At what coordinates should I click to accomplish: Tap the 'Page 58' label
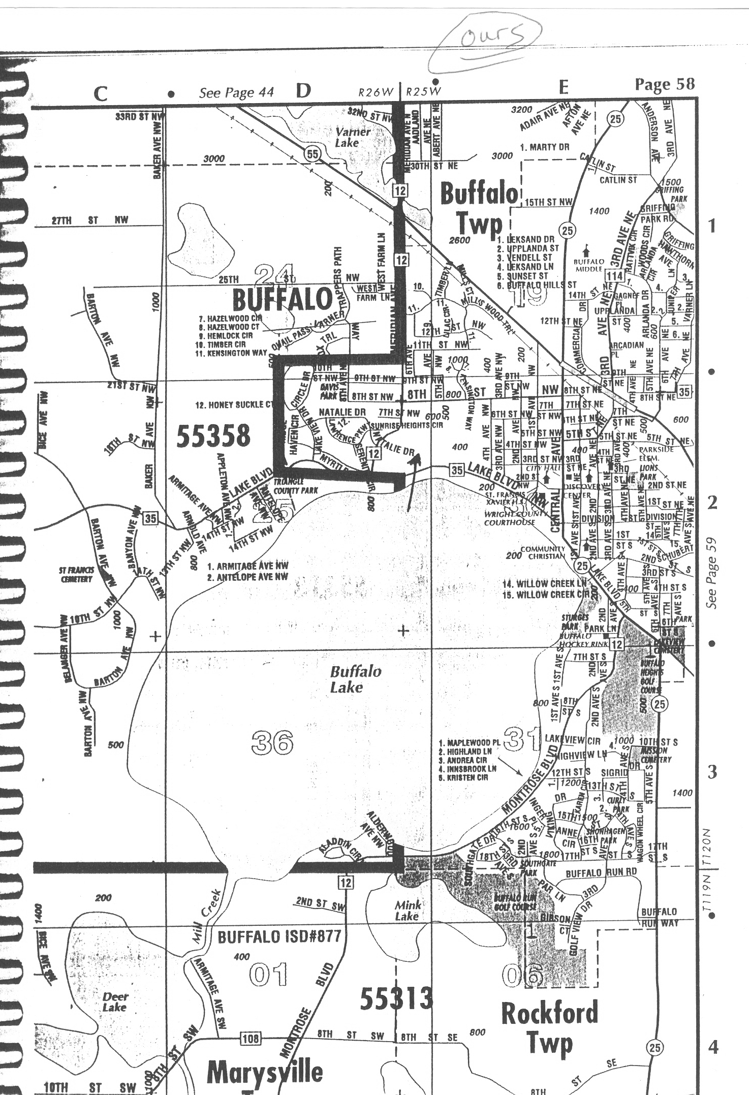[x=664, y=84]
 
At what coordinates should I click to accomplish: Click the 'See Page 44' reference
[x=236, y=92]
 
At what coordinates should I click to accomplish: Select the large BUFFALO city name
[x=283, y=299]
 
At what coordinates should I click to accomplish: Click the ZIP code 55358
[x=213, y=436]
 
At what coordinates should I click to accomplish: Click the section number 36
[x=272, y=743]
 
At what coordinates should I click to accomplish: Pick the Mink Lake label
[x=408, y=910]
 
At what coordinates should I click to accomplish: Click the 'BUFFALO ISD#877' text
[x=279, y=936]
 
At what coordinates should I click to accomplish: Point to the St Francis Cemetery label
[x=76, y=575]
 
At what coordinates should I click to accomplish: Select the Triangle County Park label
[x=295, y=486]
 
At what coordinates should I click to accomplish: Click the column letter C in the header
[x=101, y=93]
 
